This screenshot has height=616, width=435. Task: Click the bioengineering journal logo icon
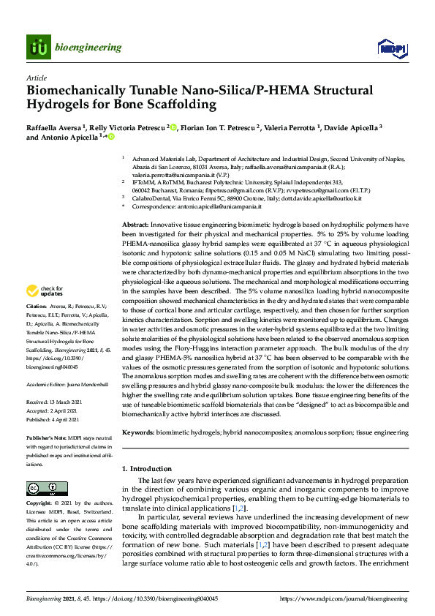click(x=39, y=48)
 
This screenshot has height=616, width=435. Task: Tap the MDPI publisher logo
click(x=391, y=48)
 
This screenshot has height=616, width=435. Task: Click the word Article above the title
click(x=36, y=77)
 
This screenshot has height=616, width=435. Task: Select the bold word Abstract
click(x=135, y=225)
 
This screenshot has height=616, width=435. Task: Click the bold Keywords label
click(x=138, y=433)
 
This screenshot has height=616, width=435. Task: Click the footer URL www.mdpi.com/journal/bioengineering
click(x=344, y=598)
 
